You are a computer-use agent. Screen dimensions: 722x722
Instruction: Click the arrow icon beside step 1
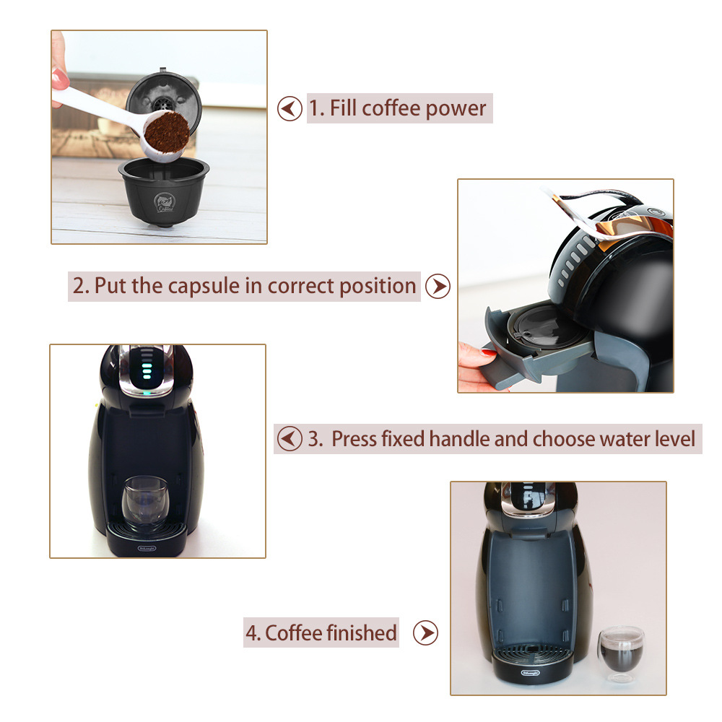click(x=290, y=109)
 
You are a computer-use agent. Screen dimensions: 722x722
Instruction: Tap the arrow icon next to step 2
click(x=438, y=286)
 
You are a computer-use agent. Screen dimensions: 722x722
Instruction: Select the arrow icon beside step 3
click(x=290, y=438)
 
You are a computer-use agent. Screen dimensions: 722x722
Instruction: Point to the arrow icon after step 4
click(x=425, y=632)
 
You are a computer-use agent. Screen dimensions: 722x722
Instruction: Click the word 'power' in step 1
click(x=456, y=110)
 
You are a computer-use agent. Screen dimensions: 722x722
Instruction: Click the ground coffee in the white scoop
click(x=166, y=131)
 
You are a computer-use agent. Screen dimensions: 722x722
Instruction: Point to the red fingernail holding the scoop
click(x=61, y=79)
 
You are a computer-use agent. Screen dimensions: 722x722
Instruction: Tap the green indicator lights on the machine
click(x=147, y=370)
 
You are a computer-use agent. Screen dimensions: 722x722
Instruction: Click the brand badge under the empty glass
click(x=147, y=549)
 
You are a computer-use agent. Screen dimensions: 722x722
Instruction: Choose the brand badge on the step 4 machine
click(x=530, y=673)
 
